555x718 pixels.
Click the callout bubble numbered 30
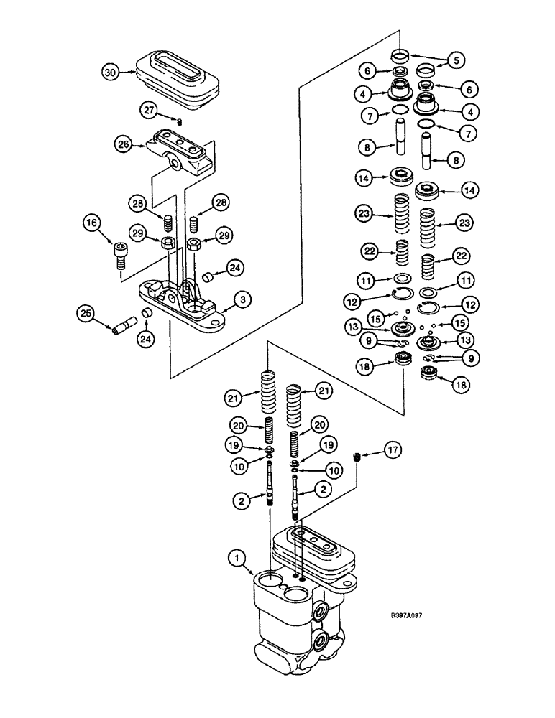[x=109, y=73]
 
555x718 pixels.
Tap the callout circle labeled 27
[x=149, y=109]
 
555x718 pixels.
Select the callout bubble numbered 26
[x=123, y=144]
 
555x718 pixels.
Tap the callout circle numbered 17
[x=393, y=450]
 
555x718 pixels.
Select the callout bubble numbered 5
[x=455, y=60]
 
